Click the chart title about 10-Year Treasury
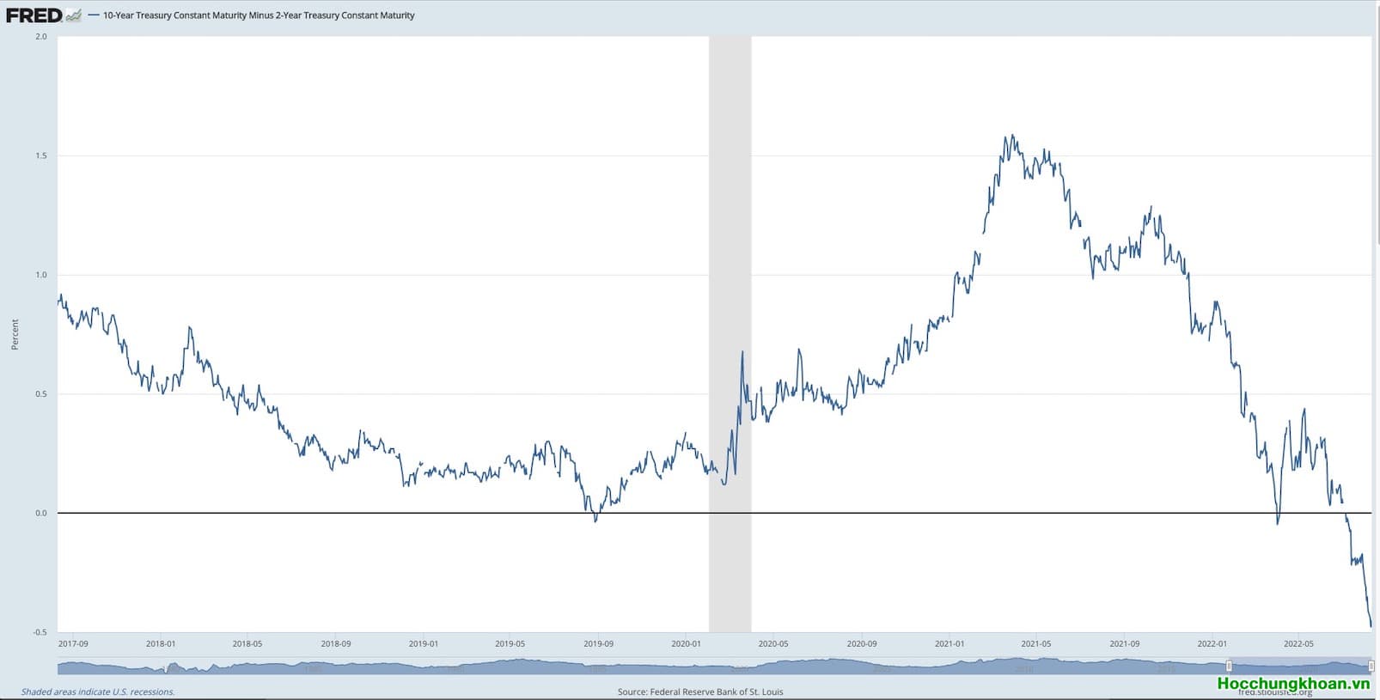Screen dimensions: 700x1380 pos(258,15)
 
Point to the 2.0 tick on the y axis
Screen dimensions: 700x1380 pos(41,37)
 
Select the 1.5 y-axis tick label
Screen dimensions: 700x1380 pos(41,155)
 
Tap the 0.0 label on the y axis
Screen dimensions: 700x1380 pos(41,514)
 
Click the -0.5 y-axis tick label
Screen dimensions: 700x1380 pos(40,632)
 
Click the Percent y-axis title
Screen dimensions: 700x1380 pos(15,334)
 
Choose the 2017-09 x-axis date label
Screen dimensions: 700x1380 pos(73,643)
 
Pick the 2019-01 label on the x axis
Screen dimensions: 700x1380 pos(423,643)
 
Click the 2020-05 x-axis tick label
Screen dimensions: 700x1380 pos(773,643)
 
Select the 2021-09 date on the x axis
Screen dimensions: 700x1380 pos(1124,643)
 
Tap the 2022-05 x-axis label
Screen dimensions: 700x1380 pos(1298,643)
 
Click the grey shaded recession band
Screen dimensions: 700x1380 pos(730,258)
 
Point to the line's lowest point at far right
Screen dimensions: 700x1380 pos(1371,626)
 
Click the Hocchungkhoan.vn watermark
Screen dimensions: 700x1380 pos(1293,684)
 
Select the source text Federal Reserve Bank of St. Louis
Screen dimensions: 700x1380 pos(700,691)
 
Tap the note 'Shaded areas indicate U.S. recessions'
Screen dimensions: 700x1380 pos(98,691)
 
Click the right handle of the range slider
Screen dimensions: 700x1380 pos(1371,667)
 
